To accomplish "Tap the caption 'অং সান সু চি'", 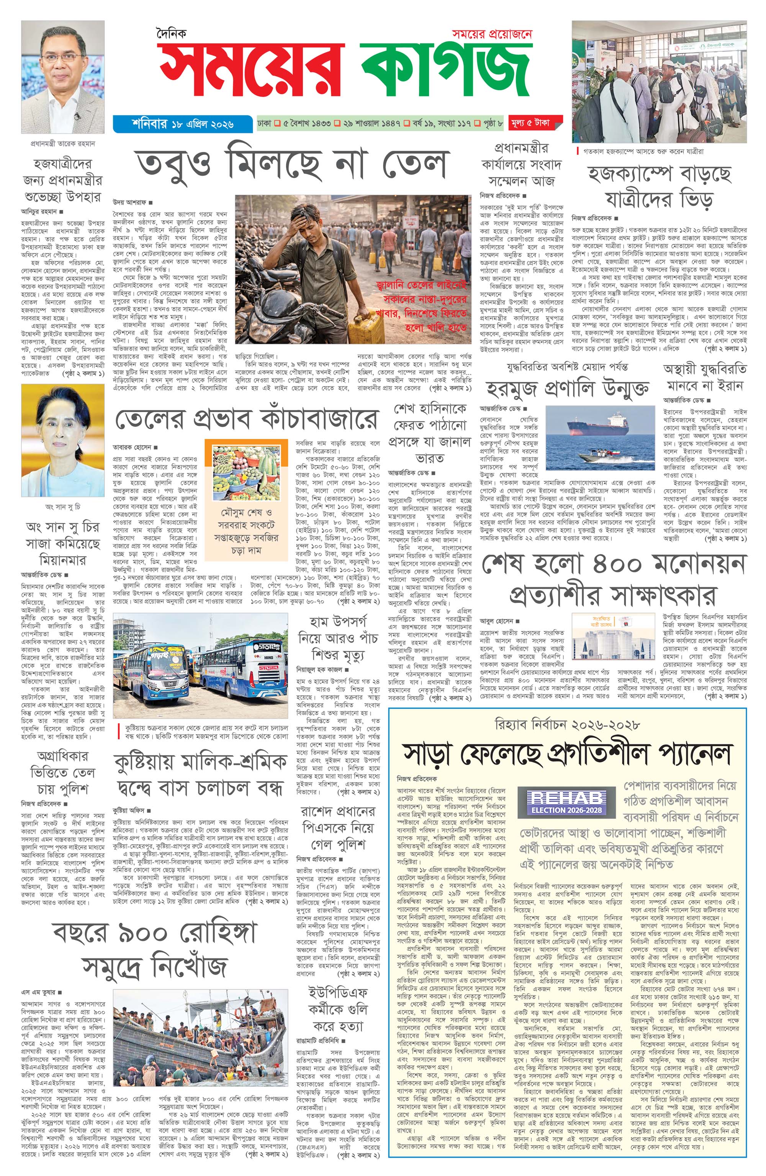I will [63, 506].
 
